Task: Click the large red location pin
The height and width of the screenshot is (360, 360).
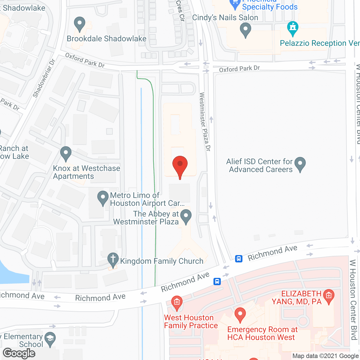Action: [180, 166]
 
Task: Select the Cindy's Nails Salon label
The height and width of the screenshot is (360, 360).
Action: [225, 18]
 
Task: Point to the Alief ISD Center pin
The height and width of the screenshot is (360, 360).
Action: [300, 164]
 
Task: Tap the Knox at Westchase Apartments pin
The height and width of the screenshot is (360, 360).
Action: [66, 154]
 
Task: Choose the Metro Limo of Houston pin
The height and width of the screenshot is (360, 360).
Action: [103, 198]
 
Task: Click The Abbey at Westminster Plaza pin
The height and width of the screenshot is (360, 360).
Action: [186, 217]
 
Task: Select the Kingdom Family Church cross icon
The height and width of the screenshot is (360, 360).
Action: [113, 260]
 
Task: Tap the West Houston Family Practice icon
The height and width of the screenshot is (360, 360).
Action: [177, 303]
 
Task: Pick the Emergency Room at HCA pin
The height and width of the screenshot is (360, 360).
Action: [240, 315]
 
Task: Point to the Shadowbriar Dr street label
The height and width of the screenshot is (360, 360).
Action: [44, 78]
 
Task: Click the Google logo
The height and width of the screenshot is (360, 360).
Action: [19, 353]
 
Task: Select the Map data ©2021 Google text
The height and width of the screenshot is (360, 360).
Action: [326, 356]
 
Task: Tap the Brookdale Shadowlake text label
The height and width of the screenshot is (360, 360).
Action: [107, 39]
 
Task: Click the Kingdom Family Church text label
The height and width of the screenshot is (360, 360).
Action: [162, 261]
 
